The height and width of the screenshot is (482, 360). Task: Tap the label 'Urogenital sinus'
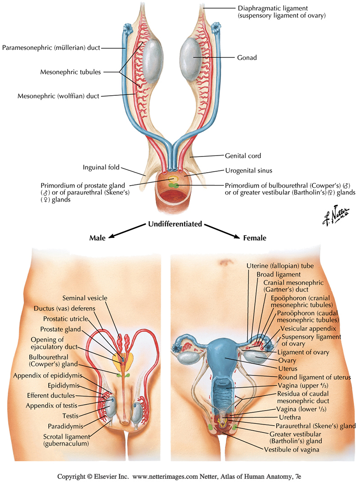point(248,171)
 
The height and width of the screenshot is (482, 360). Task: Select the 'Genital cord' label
point(243,156)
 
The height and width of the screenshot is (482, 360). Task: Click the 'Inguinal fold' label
point(101,167)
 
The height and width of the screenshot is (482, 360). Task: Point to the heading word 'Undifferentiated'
point(175,224)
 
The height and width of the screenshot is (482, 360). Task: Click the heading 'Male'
point(97,238)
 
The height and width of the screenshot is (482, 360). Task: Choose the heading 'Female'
point(255,238)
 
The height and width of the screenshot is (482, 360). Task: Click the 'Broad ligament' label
point(279,274)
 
